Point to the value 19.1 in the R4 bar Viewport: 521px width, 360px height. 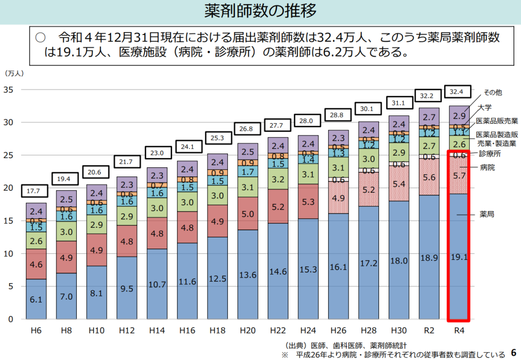(x=459, y=257)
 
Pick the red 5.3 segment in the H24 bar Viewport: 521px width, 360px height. (x=308, y=202)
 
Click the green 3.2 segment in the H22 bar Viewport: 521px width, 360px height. (x=278, y=179)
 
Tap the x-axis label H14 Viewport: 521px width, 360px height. (x=157, y=331)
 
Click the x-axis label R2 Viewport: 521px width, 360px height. (x=429, y=331)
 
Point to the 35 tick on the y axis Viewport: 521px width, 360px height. (x=9, y=90)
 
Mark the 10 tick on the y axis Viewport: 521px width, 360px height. (x=9, y=254)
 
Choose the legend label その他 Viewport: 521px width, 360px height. (x=493, y=93)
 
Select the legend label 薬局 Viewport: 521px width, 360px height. (x=487, y=215)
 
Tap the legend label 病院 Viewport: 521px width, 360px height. (x=487, y=167)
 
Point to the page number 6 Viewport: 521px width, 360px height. (x=513, y=352)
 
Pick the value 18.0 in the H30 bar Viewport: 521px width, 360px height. (x=399, y=260)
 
